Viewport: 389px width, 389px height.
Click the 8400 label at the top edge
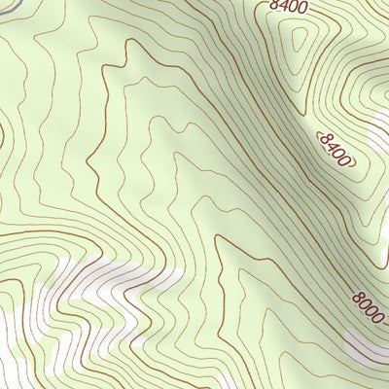289,7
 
